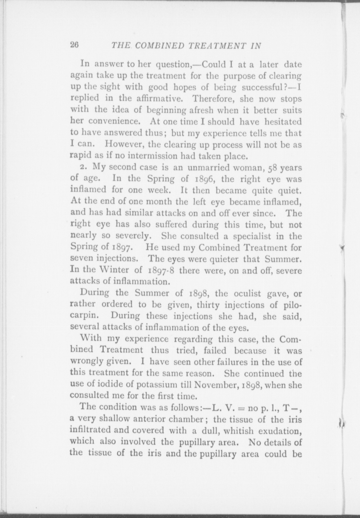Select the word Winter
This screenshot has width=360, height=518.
[x=112, y=270]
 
